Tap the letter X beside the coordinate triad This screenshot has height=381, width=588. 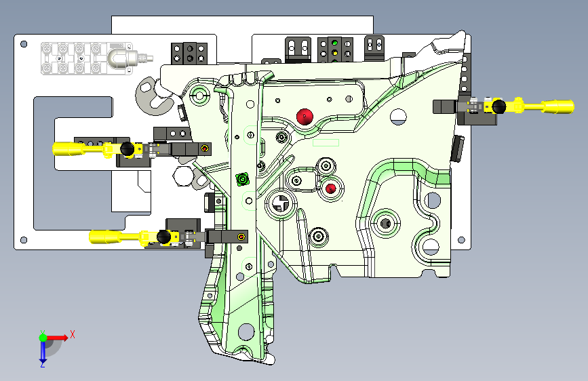click(x=72, y=334)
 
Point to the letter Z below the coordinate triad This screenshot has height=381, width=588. click(x=42, y=364)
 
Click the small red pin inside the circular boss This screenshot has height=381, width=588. click(x=331, y=188)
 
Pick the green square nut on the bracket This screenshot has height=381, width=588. click(x=241, y=180)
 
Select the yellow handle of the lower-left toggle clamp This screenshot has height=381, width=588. click(x=109, y=236)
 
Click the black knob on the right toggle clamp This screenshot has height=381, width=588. click(x=500, y=106)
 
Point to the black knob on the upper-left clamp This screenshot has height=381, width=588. click(x=125, y=149)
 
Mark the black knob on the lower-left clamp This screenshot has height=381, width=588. click(x=163, y=237)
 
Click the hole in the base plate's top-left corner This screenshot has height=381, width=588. click(x=24, y=44)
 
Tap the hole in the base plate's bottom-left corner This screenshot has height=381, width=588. click(x=24, y=239)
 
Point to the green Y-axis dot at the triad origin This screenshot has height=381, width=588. click(x=42, y=337)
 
